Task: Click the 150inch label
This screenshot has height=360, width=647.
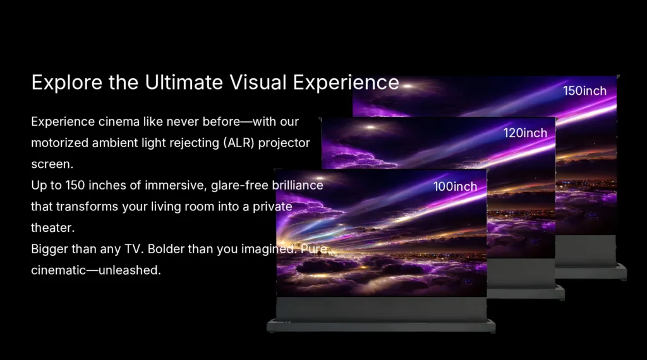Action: pyautogui.click(x=584, y=91)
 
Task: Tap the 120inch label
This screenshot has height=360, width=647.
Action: pyautogui.click(x=525, y=133)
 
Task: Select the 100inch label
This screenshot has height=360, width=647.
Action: pyautogui.click(x=455, y=186)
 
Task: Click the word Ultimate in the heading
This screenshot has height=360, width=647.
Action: pyautogui.click(x=184, y=82)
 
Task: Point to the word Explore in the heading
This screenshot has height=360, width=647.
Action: pyautogui.click(x=67, y=83)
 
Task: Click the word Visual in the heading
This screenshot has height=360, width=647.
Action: pyautogui.click(x=258, y=82)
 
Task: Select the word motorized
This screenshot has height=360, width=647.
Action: pyautogui.click(x=59, y=143)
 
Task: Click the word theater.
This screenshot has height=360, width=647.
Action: pyautogui.click(x=53, y=227)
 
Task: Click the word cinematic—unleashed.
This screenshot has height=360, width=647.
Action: pyautogui.click(x=96, y=270)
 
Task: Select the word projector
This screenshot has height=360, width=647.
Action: pyautogui.click(x=284, y=143)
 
